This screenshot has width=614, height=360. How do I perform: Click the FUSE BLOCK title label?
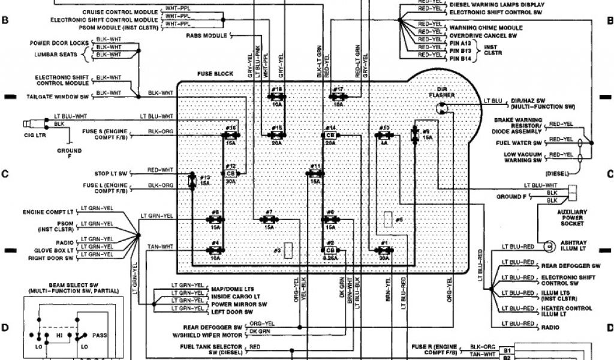tap(215, 74)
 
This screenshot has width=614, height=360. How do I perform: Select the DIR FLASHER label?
tap(443, 92)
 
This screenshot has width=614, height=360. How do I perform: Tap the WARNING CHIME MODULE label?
tap(486, 28)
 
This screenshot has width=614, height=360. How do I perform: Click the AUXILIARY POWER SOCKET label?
tap(572, 218)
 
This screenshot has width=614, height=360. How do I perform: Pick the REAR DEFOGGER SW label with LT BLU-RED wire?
tap(570, 265)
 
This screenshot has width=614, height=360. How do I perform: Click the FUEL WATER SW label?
tap(519, 143)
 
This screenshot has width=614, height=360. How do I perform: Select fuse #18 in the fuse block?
tap(277, 95)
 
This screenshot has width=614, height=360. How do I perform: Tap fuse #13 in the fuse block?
tap(192, 181)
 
